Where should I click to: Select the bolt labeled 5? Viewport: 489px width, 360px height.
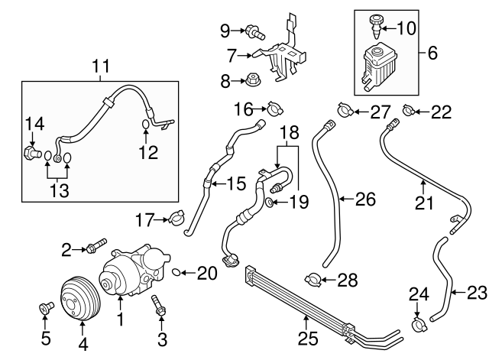click(44, 310)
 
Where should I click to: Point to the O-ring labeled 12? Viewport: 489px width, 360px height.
click(147, 124)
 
